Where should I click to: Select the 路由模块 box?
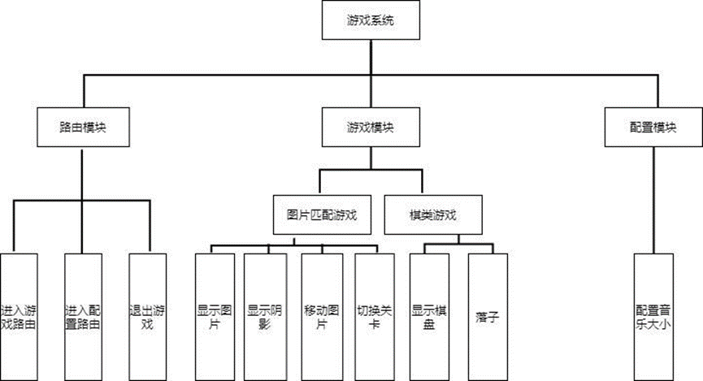pos(83,128)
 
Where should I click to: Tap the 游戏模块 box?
pos(371,128)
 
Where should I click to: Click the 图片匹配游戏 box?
pos(322,215)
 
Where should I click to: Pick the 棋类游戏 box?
pos(432,215)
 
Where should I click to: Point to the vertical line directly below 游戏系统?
pos(371,57)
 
